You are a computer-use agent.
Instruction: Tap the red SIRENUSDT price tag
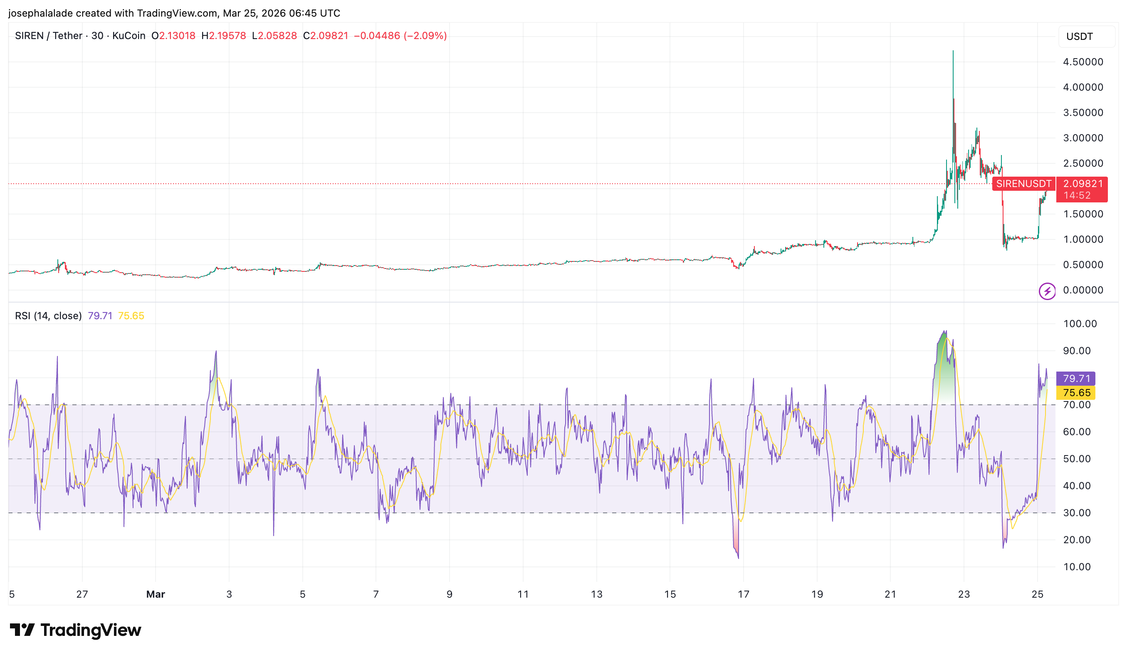(1023, 184)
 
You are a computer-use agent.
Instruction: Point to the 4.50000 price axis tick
(1083, 62)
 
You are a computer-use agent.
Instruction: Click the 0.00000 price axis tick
(1083, 291)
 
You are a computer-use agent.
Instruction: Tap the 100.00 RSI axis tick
(1080, 324)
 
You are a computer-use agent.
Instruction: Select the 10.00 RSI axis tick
(1076, 567)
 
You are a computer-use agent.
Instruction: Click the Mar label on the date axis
(156, 594)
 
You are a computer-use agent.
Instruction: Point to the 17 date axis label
(743, 594)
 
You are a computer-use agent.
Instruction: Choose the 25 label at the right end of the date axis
(1037, 594)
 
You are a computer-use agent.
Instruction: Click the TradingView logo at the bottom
(75, 630)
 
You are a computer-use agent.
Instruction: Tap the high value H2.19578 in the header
(224, 36)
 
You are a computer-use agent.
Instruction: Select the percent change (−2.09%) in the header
(425, 36)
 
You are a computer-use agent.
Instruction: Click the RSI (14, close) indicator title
(48, 316)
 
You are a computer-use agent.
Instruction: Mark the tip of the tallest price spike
(953, 52)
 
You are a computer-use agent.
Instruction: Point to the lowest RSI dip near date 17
(738, 558)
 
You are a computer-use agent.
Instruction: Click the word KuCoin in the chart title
(129, 36)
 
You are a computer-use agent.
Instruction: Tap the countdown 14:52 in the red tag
(1077, 195)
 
